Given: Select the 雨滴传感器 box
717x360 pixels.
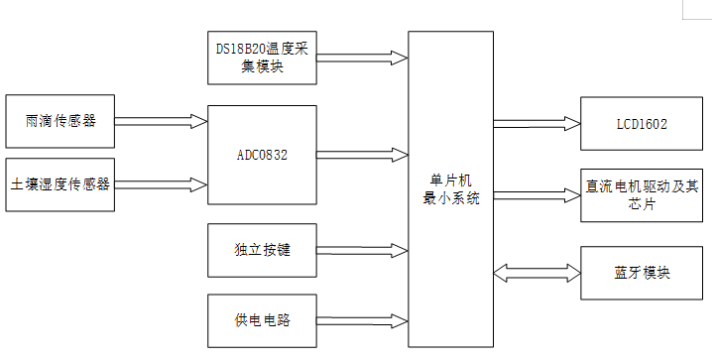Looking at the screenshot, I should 60,121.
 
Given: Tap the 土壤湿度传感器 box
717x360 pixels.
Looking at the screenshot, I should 60,183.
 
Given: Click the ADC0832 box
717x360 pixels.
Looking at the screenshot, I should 262,156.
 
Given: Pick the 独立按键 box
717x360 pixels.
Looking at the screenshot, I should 262,249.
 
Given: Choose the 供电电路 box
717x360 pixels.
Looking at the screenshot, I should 262,320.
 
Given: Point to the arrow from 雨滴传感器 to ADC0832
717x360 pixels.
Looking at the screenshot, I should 161,121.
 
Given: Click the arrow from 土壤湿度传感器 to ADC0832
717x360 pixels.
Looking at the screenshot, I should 161,183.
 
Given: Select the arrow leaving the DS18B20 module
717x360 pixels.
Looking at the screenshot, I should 362,59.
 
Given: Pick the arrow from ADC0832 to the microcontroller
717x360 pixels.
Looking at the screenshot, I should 362,155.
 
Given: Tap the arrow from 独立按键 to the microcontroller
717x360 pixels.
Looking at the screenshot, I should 362,249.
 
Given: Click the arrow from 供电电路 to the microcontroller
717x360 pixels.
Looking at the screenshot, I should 362,320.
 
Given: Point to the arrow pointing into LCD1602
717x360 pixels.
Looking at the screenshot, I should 537,125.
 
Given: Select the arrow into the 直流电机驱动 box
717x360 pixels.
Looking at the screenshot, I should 537,192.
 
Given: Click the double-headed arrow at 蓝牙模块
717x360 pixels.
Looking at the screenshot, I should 537,271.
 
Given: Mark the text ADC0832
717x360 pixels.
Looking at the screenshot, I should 262,156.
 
